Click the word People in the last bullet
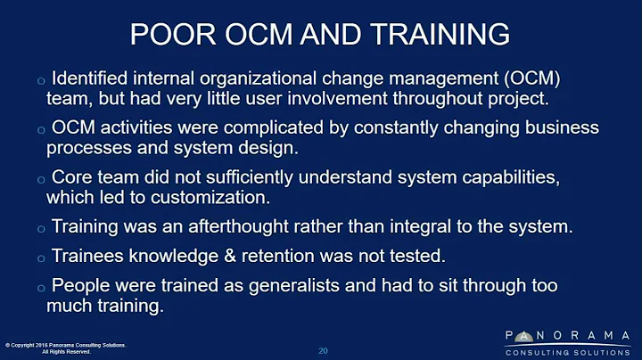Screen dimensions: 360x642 pyautogui.click(x=78, y=286)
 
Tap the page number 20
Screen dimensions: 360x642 pyautogui.click(x=323, y=350)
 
